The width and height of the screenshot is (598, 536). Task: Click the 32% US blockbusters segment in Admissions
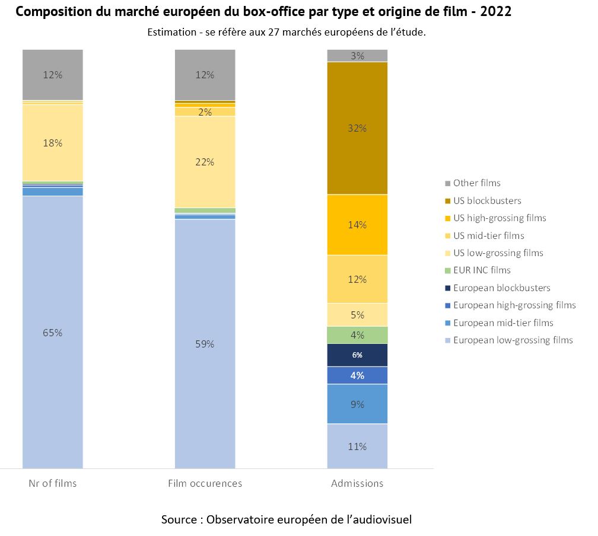coord(357,128)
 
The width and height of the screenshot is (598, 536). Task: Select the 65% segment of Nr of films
coord(53,332)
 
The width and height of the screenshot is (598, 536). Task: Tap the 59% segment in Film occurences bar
coord(205,344)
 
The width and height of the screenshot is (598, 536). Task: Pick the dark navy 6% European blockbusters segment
coord(357,355)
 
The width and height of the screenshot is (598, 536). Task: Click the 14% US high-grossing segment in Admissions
coord(357,225)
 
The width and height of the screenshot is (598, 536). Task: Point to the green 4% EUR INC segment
coord(357,335)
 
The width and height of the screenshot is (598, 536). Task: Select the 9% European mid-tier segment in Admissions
coord(357,404)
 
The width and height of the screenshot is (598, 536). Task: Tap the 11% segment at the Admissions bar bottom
coord(357,446)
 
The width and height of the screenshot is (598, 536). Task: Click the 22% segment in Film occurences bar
coord(205,162)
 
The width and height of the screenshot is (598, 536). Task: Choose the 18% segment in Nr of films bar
coord(53,143)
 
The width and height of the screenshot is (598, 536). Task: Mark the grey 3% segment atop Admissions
coord(357,56)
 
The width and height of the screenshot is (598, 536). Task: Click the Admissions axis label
coord(357,483)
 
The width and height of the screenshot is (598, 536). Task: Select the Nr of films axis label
coord(53,483)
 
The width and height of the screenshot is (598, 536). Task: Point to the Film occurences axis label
coord(205,483)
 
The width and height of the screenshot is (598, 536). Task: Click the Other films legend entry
coord(476,183)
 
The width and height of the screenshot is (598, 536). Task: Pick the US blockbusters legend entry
coord(486,200)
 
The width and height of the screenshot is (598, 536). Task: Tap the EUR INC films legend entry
coord(482,270)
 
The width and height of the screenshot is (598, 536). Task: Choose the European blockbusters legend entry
coord(501,288)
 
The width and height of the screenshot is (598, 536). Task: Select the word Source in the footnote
coord(180,519)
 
